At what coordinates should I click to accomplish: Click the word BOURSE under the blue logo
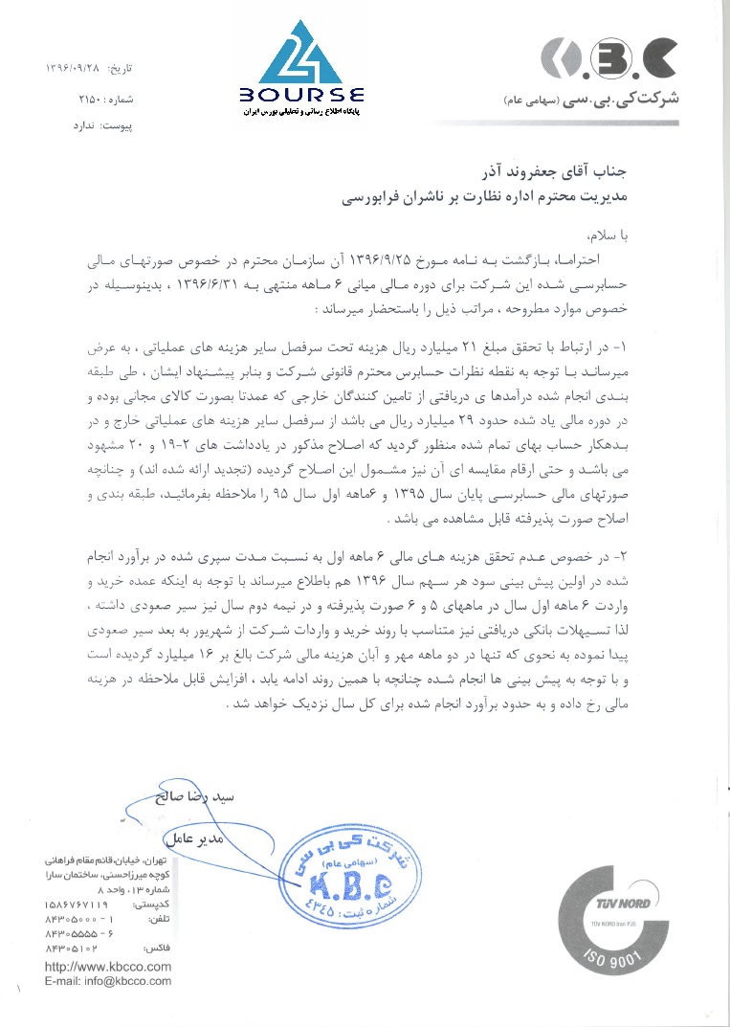[302, 95]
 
